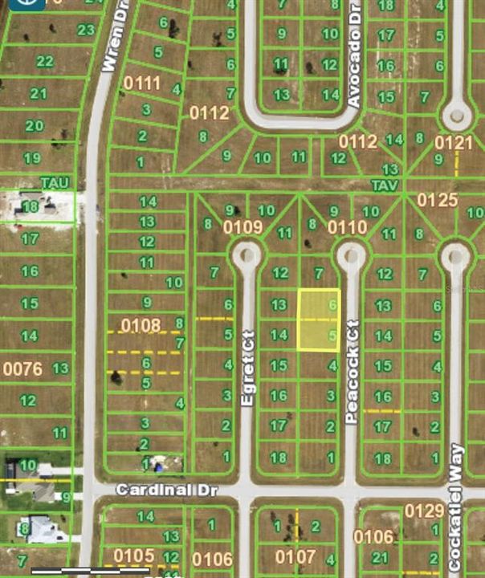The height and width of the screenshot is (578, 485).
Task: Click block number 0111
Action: pyautogui.click(x=142, y=83)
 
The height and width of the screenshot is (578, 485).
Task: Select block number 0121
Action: pyautogui.click(x=454, y=142)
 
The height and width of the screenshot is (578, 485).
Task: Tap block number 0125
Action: pyautogui.click(x=437, y=199)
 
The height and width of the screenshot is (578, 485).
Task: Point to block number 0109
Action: pyautogui.click(x=243, y=227)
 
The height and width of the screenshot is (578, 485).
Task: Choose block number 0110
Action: pyautogui.click(x=347, y=227)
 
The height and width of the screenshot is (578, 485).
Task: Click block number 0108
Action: pyautogui.click(x=141, y=325)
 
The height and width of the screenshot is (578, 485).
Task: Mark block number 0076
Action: pyautogui.click(x=22, y=368)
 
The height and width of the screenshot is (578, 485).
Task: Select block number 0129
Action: pyautogui.click(x=424, y=511)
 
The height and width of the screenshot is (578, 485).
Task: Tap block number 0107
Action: pyautogui.click(x=295, y=556)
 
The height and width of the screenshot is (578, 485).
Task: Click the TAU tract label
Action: pyautogui.click(x=55, y=184)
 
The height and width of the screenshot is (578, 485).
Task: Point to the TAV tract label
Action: pyautogui.click(x=384, y=184)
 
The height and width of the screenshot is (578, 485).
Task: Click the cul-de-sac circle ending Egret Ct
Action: pyautogui.click(x=246, y=256)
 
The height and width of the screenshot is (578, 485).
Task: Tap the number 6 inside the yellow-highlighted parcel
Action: pyautogui.click(x=332, y=305)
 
